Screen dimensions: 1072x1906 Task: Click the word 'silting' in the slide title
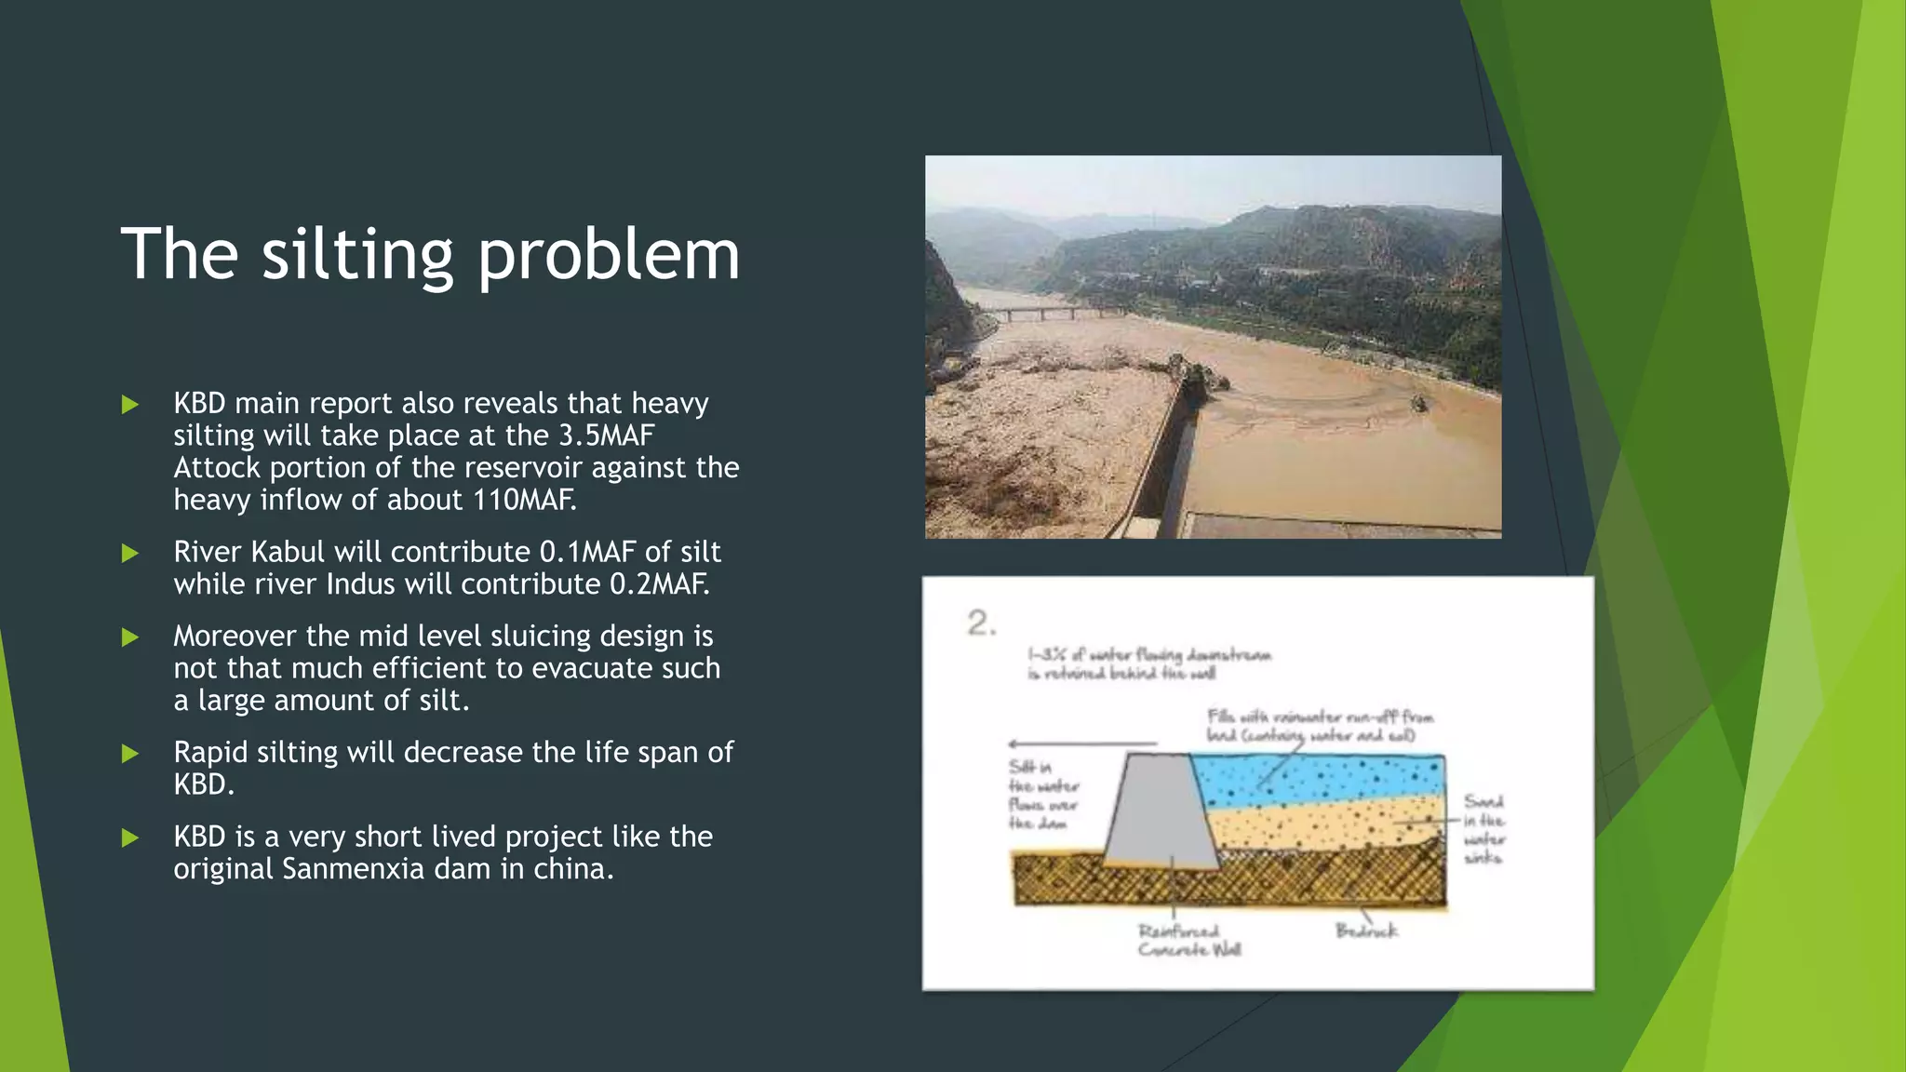[x=356, y=255]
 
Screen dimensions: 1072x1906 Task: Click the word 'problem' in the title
[x=609, y=255]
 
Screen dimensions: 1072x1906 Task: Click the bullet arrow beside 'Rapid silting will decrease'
[x=130, y=753]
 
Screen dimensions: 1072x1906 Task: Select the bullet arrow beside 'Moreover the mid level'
[x=130, y=637]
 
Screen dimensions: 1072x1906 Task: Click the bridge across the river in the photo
[x=1052, y=313]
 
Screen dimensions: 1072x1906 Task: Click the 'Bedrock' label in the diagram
[x=1366, y=931]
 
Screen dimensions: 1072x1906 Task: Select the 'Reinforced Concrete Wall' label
[x=1188, y=940]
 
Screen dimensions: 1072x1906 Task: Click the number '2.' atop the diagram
[x=981, y=623]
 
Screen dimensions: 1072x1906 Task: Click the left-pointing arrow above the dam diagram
[x=1080, y=744]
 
